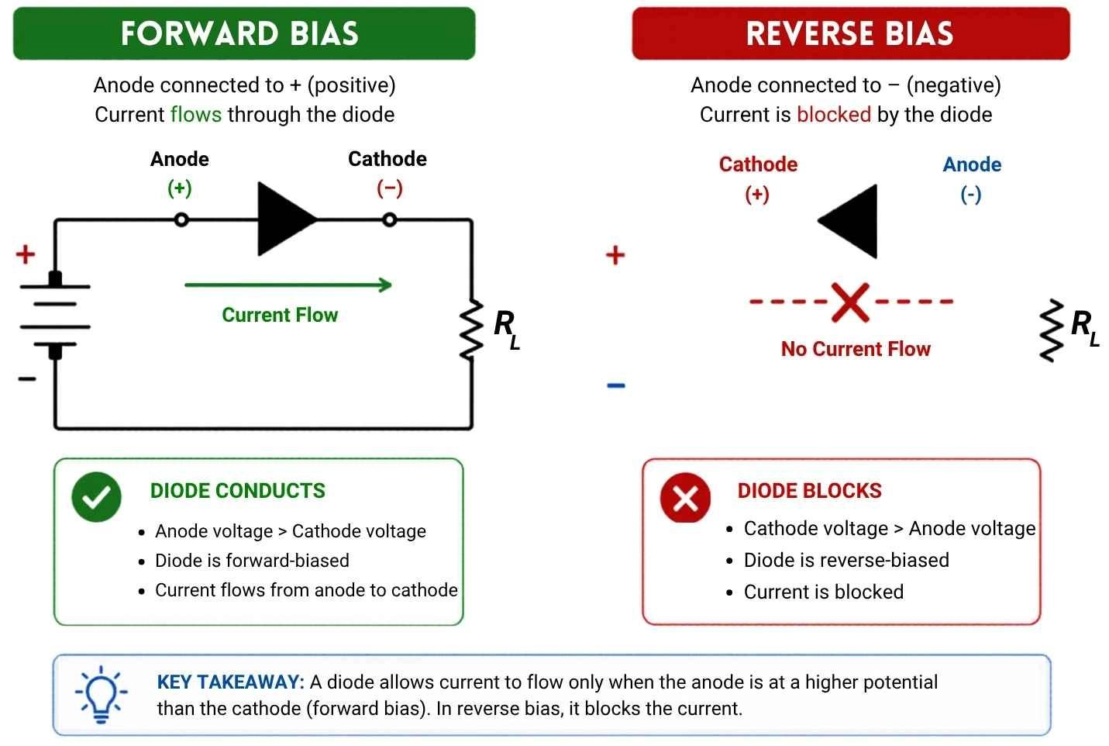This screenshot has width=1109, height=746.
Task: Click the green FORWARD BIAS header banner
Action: (244, 33)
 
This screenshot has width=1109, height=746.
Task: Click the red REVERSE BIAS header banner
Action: (850, 33)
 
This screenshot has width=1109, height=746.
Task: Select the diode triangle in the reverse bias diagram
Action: (851, 221)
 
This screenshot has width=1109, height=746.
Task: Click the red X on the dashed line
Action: (850, 302)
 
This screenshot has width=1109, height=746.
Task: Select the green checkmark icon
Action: (97, 497)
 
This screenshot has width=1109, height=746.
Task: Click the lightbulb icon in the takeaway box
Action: (101, 693)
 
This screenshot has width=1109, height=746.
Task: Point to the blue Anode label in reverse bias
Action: (972, 164)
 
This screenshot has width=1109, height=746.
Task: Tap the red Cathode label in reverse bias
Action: (758, 164)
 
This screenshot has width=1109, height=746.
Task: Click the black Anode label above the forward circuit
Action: (180, 159)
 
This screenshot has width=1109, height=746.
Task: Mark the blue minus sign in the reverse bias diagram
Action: (616, 385)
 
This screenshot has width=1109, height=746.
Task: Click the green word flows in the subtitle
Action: (196, 115)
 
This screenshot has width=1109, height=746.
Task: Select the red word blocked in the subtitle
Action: (834, 115)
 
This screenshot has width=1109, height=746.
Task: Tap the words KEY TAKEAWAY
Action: (230, 682)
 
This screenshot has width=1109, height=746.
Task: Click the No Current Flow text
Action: (856, 349)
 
